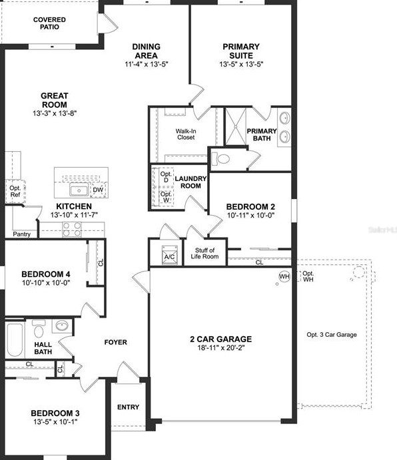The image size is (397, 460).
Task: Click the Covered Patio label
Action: pyautogui.click(x=50, y=23)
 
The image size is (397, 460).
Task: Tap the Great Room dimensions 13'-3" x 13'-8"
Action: pyautogui.click(x=54, y=114)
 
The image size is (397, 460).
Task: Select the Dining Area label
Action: pyautogui.click(x=146, y=51)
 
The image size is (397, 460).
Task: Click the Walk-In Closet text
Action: pyautogui.click(x=185, y=135)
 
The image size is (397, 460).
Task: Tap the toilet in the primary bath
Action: pyautogui.click(x=222, y=159)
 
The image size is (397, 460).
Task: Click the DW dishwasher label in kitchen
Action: pyautogui.click(x=97, y=190)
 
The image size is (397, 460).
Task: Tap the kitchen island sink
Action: pyautogui.click(x=79, y=190)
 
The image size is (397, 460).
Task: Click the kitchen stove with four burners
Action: pyautogui.click(x=72, y=228)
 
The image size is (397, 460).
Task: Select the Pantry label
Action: pyautogui.click(x=21, y=234)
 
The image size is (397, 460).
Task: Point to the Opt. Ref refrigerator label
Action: pyautogui.click(x=15, y=192)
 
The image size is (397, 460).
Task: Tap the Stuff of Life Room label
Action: pyautogui.click(x=204, y=253)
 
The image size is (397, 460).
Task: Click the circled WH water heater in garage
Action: pyautogui.click(x=284, y=276)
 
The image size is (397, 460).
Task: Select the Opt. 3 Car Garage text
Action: pyautogui.click(x=331, y=334)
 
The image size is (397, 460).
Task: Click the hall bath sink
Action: pyautogui.click(x=62, y=326)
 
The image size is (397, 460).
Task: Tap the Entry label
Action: pyautogui.click(x=128, y=407)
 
